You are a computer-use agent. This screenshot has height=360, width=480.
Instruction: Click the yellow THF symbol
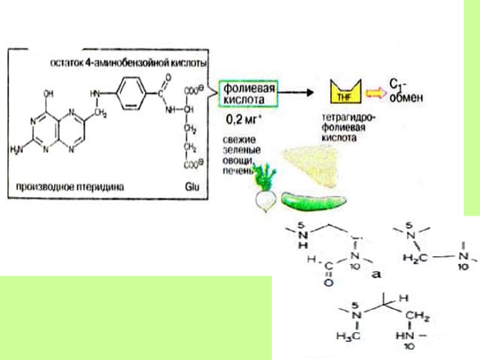[345, 92]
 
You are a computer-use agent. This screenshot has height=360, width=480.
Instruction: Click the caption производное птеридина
[70, 188]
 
